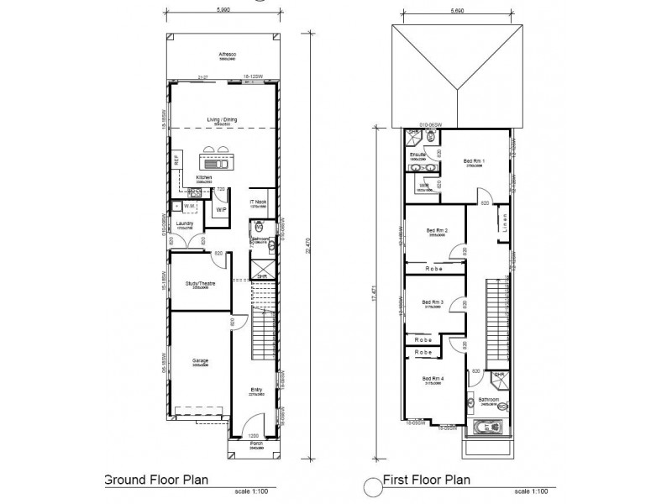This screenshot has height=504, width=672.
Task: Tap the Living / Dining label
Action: pos(223,119)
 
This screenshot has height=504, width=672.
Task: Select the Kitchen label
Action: pos(203,178)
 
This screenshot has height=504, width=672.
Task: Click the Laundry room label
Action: pos(185,223)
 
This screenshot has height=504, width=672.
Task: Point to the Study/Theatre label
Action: pos(200,284)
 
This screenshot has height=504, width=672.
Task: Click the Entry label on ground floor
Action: pos(256,389)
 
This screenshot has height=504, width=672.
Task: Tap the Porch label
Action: pos(253,445)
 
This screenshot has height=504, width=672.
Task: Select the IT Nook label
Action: pos(259,202)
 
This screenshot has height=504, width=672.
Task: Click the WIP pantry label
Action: pos(222,208)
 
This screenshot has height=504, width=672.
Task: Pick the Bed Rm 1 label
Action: pos(473,160)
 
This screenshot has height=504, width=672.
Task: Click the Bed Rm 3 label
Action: pos(433,302)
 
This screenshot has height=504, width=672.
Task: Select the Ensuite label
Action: pos(418,154)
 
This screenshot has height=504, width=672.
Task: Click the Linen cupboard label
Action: pos(506,222)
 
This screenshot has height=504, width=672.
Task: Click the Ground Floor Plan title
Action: pos(155,481)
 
